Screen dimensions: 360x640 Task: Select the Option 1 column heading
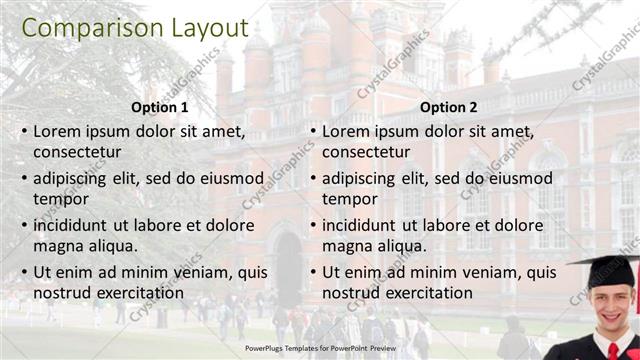click(159, 107)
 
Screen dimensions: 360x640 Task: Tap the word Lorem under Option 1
click(59, 131)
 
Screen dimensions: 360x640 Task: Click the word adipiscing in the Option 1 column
click(75, 178)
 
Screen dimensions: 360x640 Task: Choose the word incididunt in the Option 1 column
click(76, 225)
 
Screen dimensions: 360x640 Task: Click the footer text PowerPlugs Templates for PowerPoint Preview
click(319, 349)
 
